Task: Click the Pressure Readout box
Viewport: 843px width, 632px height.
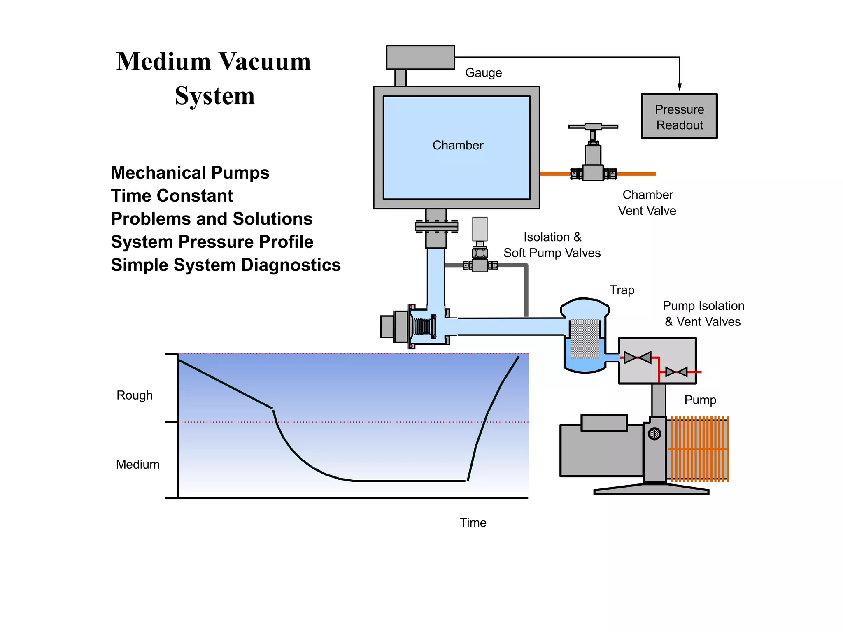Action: (679, 116)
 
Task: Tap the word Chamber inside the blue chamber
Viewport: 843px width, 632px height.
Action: (458, 145)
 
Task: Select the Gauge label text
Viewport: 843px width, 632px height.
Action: (483, 73)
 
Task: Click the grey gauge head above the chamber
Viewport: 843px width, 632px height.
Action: (420, 58)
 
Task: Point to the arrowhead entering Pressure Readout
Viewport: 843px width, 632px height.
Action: (680, 87)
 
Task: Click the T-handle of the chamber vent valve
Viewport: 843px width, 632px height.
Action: (593, 126)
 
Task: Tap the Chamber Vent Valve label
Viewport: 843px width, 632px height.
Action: (647, 202)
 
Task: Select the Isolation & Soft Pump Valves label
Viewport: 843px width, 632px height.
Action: (552, 245)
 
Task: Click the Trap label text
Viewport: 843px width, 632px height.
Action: (622, 290)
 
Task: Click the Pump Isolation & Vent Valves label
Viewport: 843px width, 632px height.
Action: (703, 314)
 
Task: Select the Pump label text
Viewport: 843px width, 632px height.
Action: (700, 400)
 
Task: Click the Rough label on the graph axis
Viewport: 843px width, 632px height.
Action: (135, 395)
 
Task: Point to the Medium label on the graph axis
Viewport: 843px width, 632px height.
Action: (137, 465)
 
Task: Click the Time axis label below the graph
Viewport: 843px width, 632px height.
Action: (473, 523)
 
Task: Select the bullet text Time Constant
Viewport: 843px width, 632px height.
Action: (172, 196)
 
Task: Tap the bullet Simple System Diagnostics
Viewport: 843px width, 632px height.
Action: (226, 265)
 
